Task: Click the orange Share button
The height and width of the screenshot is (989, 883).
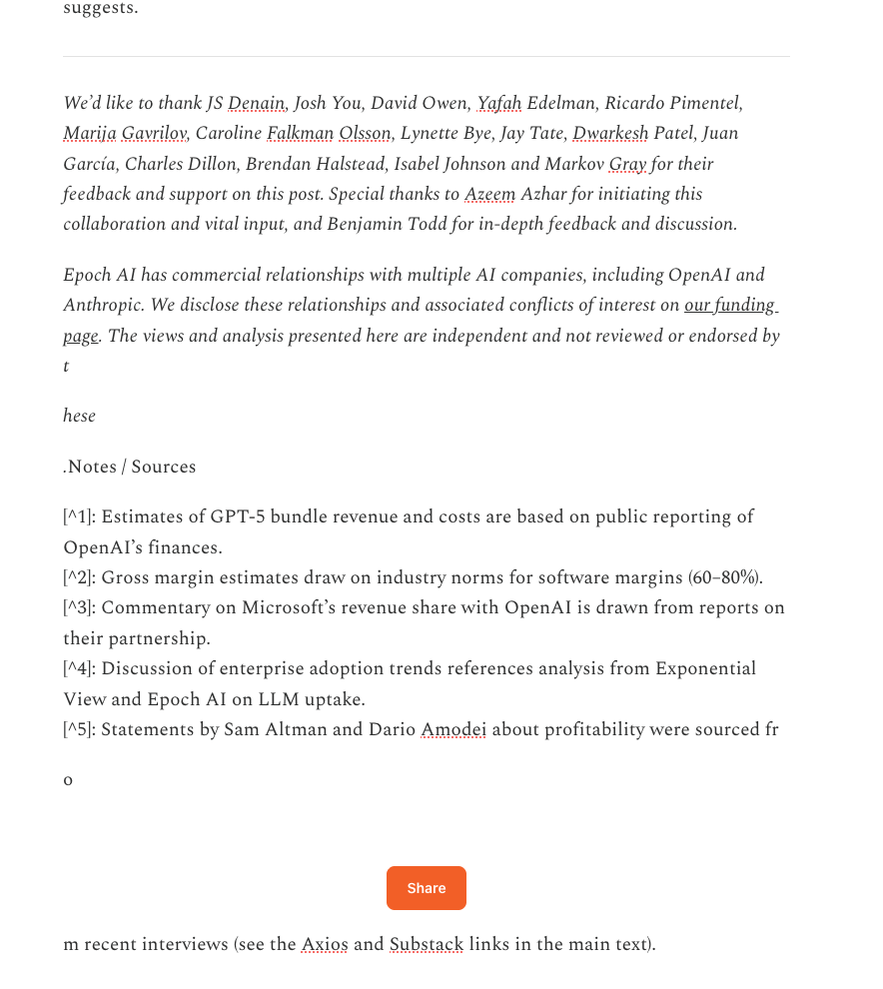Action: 426,888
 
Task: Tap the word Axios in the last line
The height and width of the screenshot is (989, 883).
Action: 325,944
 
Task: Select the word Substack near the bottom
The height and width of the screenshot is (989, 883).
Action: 427,944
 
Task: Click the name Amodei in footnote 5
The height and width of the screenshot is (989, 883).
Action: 453,729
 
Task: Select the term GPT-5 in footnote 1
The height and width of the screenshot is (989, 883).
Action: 238,516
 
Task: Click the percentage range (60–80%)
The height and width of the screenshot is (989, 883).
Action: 725,577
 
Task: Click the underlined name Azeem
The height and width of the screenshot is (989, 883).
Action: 489,194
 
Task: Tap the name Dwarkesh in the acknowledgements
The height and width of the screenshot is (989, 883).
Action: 610,133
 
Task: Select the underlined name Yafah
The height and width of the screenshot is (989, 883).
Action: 499,103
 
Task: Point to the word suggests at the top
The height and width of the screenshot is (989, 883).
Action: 100,9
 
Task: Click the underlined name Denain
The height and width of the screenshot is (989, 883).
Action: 257,103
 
